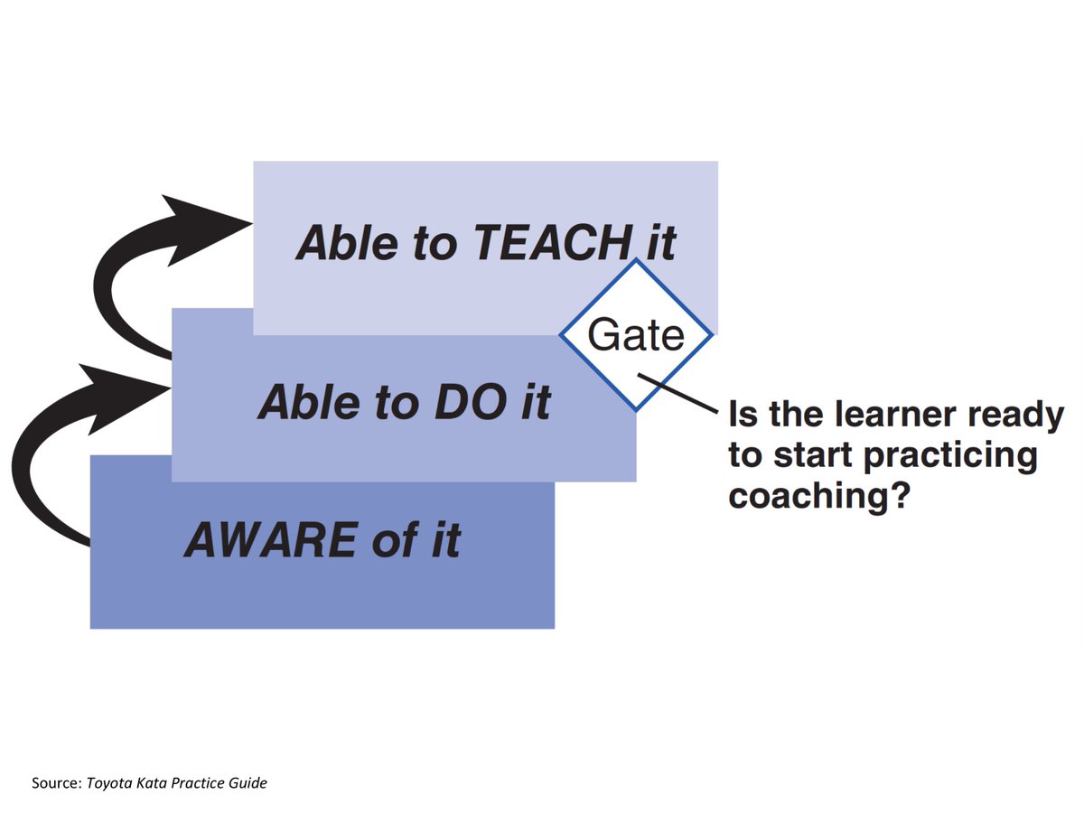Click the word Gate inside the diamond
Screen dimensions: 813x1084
click(x=636, y=336)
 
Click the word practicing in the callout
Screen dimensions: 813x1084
click(x=950, y=455)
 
